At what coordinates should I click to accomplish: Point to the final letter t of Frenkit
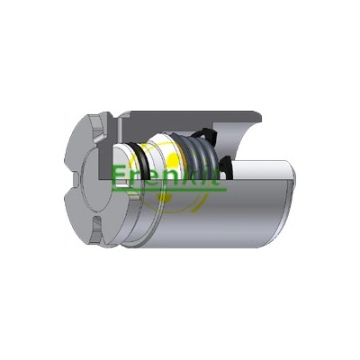[x=215, y=177]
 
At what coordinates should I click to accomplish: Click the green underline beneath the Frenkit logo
[x=169, y=190]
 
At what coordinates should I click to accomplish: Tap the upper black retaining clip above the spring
[x=204, y=136]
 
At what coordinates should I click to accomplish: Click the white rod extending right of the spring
[x=261, y=170]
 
